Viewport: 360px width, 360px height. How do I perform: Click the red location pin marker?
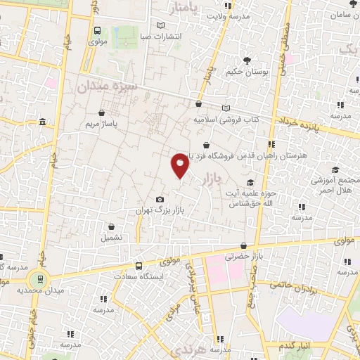point(180,165)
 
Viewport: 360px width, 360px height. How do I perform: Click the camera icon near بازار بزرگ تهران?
point(160,200)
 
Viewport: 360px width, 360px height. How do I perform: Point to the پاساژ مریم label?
point(104,124)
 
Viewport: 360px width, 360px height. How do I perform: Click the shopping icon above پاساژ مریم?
point(103,112)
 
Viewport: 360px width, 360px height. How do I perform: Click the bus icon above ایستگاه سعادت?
point(139,266)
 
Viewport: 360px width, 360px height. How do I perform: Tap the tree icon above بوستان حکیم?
point(245,60)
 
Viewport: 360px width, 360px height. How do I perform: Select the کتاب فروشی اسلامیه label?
point(227,120)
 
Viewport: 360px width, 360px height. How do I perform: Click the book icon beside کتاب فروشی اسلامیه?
point(226,108)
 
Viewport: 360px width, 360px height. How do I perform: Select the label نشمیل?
point(111,237)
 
